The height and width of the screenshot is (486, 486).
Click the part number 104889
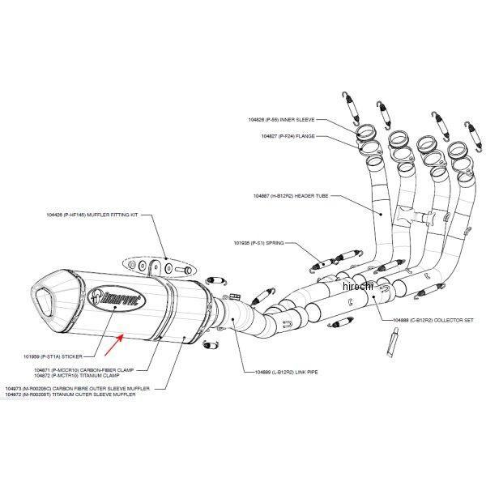(x=253, y=372)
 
